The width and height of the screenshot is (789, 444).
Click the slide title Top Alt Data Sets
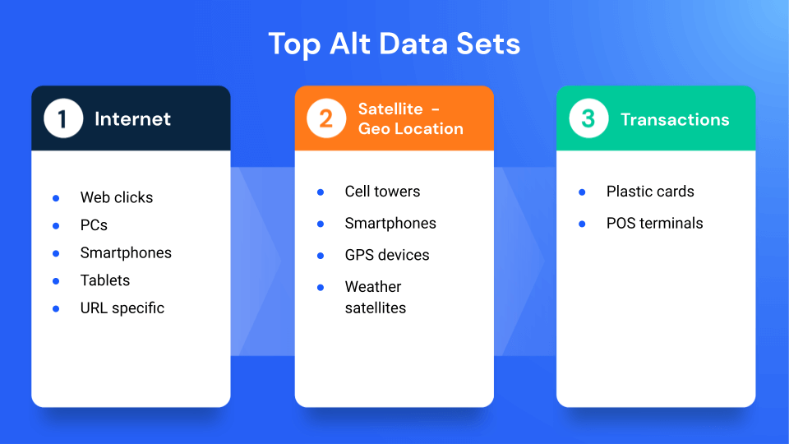click(x=394, y=44)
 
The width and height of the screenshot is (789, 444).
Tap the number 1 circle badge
click(x=63, y=119)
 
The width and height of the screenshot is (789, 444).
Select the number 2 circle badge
click(x=326, y=119)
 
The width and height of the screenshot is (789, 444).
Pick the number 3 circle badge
click(x=588, y=119)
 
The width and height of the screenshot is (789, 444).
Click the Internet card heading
click(x=132, y=119)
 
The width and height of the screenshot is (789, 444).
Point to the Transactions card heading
click(x=675, y=120)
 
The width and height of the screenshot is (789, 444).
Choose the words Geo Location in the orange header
click(x=410, y=129)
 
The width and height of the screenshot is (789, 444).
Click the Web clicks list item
click(x=117, y=197)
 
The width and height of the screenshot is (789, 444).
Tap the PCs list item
click(x=94, y=225)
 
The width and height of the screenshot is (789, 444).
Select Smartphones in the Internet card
click(x=126, y=252)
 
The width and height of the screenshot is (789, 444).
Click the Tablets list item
click(x=105, y=280)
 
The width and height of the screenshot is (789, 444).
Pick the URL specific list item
click(x=122, y=308)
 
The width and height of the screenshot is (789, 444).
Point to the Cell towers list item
click(x=382, y=192)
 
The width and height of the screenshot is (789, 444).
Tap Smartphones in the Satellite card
click(x=390, y=224)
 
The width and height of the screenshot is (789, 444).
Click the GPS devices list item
click(x=387, y=255)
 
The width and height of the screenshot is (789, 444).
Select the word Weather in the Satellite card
click(x=373, y=287)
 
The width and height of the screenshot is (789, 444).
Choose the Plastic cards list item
click(x=650, y=192)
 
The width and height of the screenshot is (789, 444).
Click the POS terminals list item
click(x=654, y=224)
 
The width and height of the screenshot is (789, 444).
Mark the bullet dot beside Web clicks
click(x=56, y=198)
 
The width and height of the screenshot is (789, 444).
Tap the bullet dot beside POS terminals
click(x=582, y=224)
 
